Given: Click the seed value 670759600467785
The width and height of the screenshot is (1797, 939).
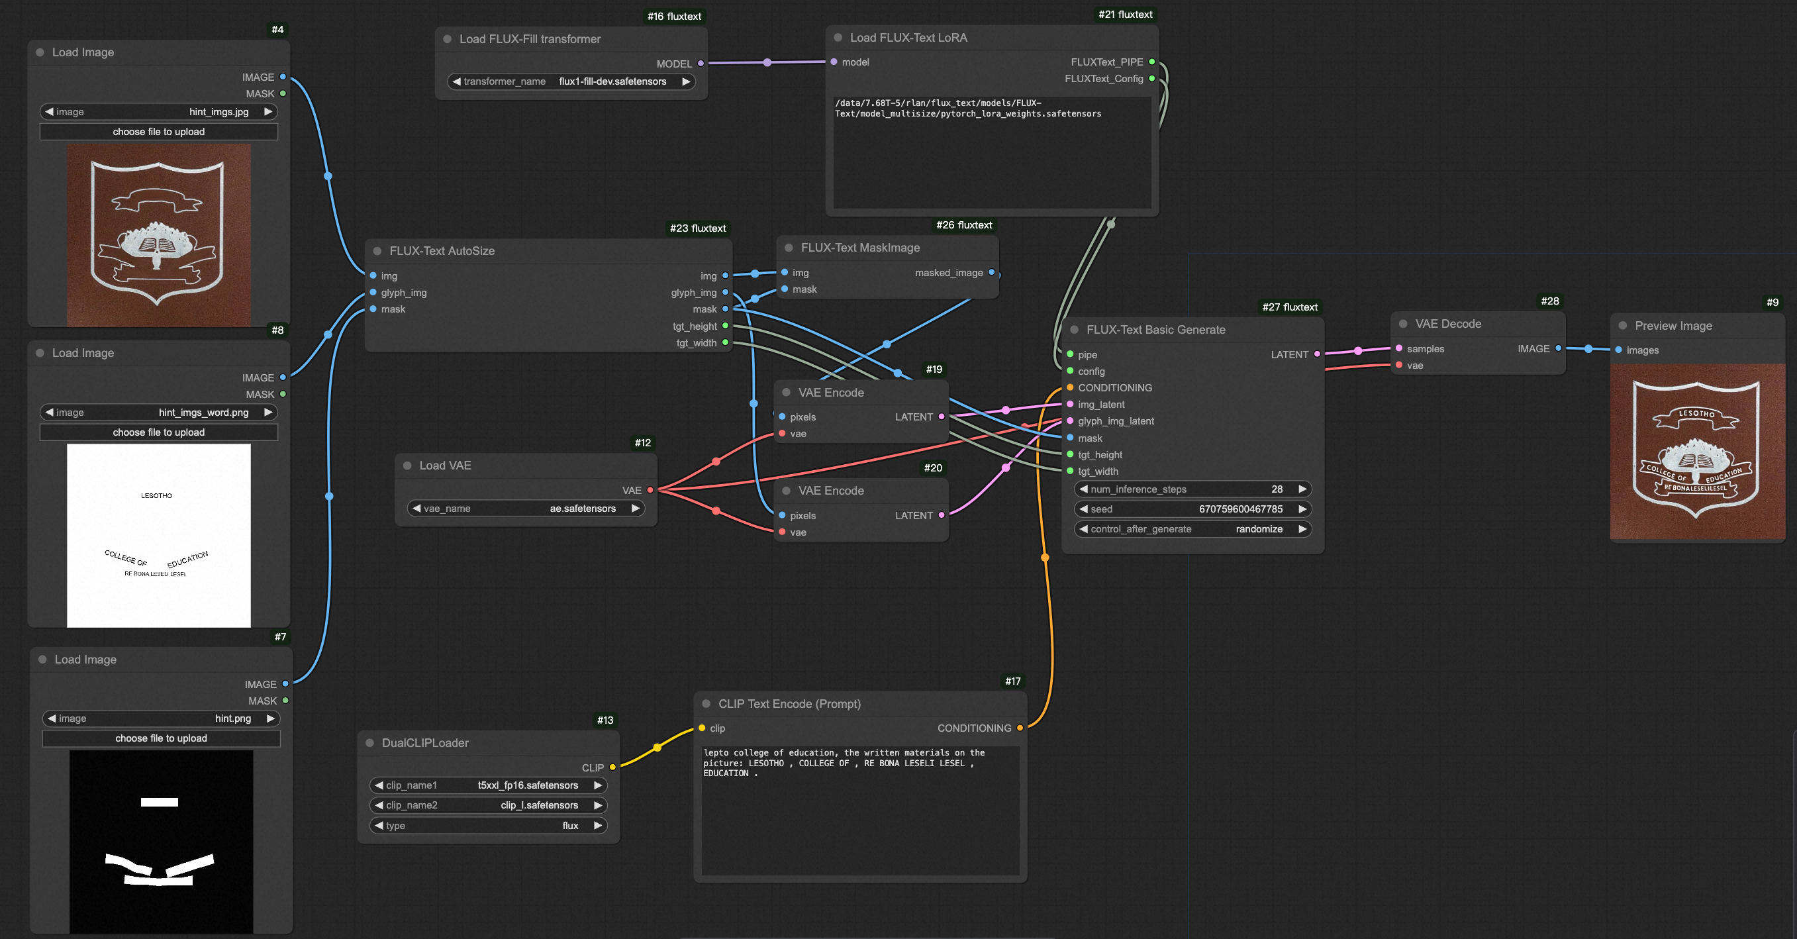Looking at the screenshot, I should coord(1239,509).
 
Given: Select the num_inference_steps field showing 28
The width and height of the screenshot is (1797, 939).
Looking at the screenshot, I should coord(1192,489).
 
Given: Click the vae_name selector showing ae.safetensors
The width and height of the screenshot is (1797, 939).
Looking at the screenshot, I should coord(525,509).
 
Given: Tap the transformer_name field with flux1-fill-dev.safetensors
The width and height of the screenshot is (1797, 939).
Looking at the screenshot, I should coord(571,81).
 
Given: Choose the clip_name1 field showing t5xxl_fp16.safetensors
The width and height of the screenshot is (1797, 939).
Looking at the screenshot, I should coord(487,785).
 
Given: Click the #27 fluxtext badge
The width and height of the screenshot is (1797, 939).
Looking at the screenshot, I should coord(1289,307).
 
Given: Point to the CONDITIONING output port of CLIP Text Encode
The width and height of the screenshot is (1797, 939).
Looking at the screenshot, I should coord(1019,728).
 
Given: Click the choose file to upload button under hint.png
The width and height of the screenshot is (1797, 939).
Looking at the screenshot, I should coord(161,738).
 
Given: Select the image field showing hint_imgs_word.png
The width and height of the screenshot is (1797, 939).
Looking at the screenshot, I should coord(158,413).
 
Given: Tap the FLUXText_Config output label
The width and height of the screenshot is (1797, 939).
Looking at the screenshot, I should coord(1104,79).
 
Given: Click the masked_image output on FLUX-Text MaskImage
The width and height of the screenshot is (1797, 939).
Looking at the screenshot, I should coord(991,273).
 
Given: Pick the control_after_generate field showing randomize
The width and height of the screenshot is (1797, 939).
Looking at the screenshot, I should coord(1192,529).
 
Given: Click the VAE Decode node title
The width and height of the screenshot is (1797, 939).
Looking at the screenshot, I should coord(1447,324).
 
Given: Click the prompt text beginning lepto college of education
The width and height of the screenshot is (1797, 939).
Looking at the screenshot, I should coord(844,762).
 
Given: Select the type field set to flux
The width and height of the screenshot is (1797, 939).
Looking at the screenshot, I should coord(487,825).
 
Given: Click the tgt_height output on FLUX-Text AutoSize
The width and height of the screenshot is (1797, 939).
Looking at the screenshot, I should coord(725,326).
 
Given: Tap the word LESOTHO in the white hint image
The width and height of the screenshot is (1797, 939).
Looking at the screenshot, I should coord(156,495).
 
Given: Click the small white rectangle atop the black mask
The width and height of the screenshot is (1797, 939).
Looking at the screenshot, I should coord(159,803).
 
